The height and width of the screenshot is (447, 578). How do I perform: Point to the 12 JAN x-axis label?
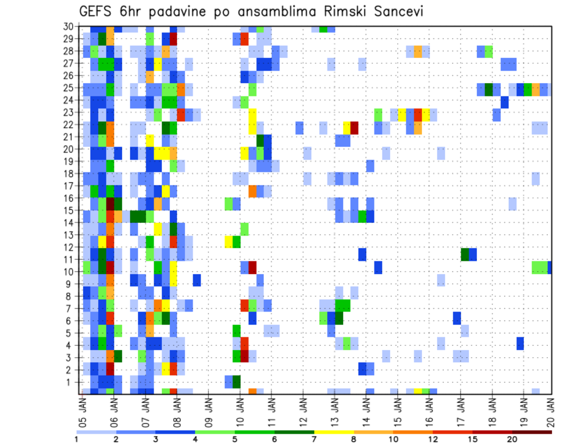pyautogui.click(x=302, y=409)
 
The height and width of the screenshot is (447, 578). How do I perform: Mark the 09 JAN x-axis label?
pyautogui.click(x=208, y=409)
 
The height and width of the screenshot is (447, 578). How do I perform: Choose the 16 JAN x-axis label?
pyautogui.click(x=428, y=409)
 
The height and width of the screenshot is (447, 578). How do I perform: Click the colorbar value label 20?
pyautogui.click(x=512, y=439)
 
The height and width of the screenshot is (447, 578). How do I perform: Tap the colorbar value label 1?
pyautogui.click(x=76, y=439)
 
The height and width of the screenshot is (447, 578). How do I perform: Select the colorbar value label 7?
pyautogui.click(x=314, y=439)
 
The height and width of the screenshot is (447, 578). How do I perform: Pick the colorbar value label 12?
pyautogui.click(x=433, y=439)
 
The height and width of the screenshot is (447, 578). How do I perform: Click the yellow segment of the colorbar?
pyautogui.click(x=334, y=431)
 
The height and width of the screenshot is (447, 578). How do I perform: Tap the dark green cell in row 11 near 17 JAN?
pyautogui.click(x=465, y=254)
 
